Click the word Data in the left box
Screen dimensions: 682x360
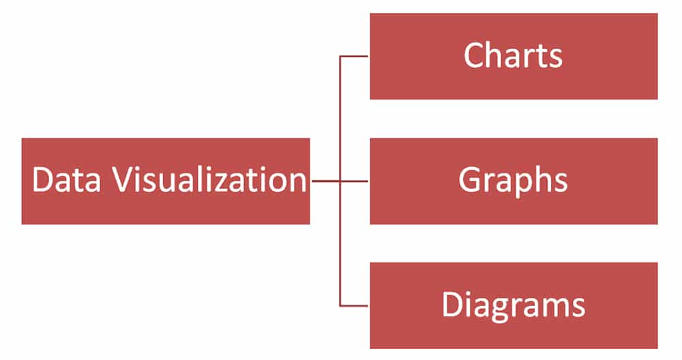pos(66,179)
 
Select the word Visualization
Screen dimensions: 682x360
pos(210,179)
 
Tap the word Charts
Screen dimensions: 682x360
pos(514,55)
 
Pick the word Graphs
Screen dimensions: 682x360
pos(514,181)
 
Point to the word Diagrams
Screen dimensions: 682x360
pos(514,305)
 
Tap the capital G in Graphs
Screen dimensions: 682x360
pos(469,179)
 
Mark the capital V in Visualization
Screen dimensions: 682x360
pos(123,179)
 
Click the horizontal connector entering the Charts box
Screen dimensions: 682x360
pos(354,56)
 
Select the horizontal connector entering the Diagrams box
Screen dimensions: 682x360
pos(354,306)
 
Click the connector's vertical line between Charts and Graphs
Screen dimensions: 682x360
pos(340,118)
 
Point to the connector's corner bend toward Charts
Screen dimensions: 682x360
pos(340,56)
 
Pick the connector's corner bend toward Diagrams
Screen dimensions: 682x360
pos(340,306)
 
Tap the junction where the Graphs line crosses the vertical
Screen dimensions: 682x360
pos(340,181)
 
